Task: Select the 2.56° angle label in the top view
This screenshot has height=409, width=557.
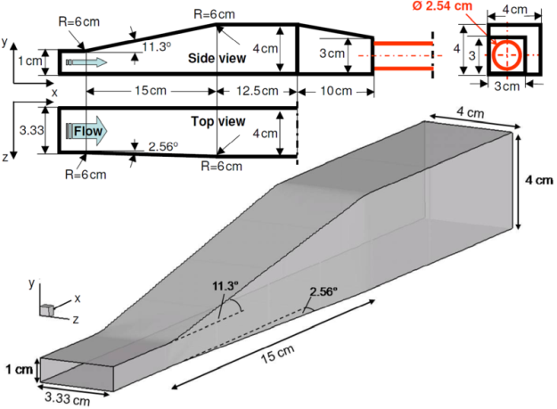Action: coord(157,146)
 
